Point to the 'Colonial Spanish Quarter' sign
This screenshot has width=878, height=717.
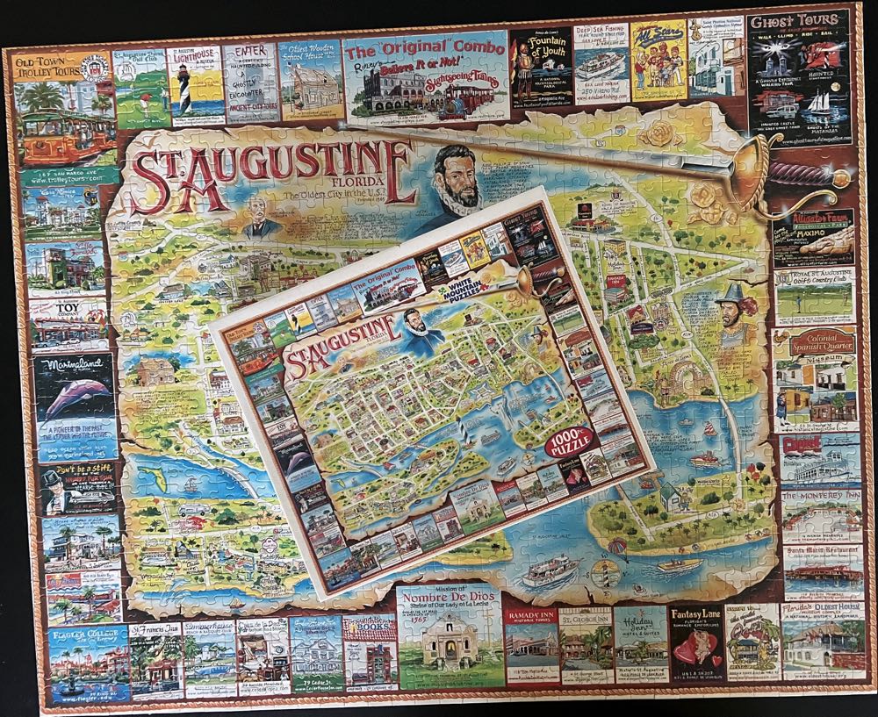tap(813, 341)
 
